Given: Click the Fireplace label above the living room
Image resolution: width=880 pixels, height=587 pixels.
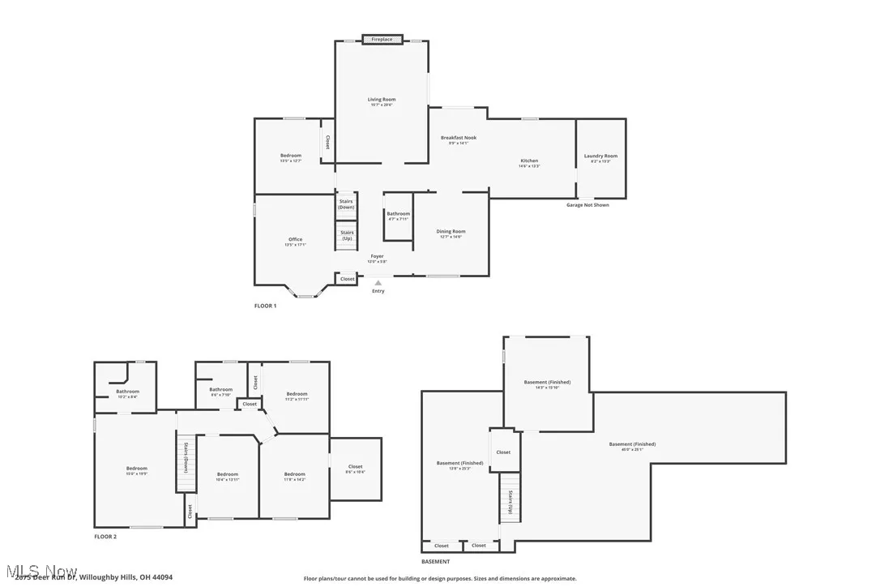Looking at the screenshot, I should click(x=382, y=39).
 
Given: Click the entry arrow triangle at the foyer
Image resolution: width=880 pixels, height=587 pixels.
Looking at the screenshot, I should click(x=378, y=283).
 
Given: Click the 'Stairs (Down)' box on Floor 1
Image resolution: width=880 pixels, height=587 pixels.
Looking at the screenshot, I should click(x=347, y=204).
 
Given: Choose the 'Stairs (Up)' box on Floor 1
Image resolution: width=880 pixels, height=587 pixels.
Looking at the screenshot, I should click(x=347, y=235).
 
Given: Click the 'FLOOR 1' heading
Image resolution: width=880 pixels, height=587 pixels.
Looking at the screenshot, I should click(x=265, y=306).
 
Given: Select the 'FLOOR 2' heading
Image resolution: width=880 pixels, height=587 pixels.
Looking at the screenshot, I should click(x=105, y=537).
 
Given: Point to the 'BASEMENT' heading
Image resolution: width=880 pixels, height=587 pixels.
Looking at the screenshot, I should click(x=435, y=561).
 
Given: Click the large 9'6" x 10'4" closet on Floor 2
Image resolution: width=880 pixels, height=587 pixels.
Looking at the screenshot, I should click(x=355, y=469).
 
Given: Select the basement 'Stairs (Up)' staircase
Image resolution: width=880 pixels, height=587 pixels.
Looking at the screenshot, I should click(x=510, y=503).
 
